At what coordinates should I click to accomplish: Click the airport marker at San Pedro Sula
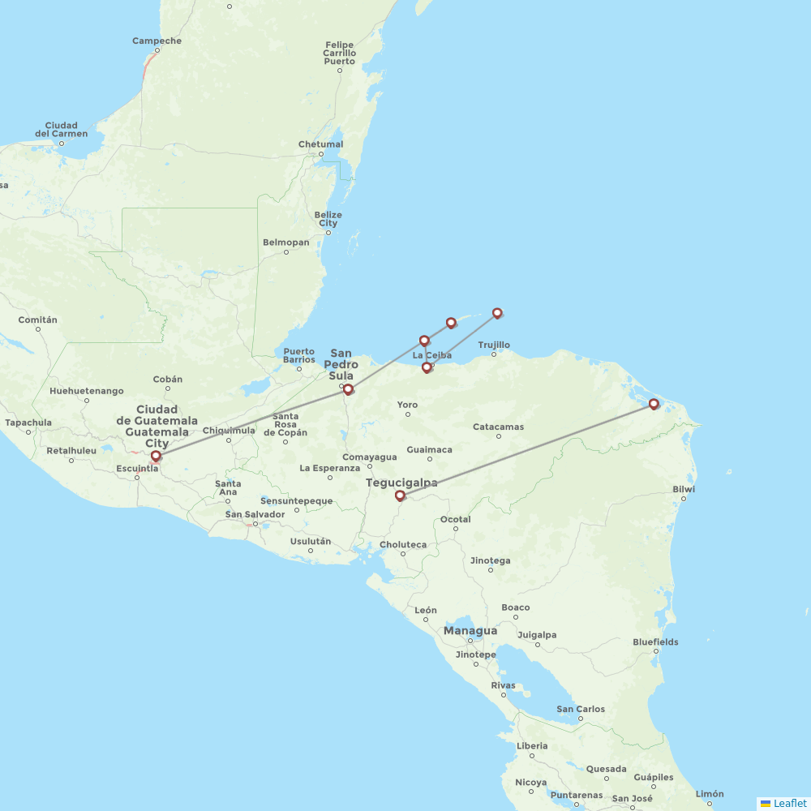point(348,390)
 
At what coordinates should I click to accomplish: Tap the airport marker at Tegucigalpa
point(400,496)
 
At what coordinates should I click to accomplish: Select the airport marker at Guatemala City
point(156,457)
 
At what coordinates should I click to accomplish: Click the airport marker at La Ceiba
point(427,368)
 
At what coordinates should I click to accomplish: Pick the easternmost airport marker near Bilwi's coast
point(654,404)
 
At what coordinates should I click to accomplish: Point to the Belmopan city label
point(285,242)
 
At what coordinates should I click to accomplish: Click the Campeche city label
point(157,41)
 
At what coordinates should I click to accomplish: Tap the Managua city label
point(470,630)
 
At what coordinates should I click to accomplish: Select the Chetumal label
point(320,144)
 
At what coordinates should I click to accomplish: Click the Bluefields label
point(655,642)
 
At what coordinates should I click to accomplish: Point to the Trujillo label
point(494,345)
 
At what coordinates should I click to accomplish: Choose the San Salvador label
point(255,514)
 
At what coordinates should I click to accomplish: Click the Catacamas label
point(499,427)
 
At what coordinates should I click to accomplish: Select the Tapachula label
point(28,423)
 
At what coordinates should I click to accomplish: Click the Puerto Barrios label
point(298,355)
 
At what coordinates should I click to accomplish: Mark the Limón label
point(710,794)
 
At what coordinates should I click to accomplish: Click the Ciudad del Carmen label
point(62,130)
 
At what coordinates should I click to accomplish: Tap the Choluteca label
point(404,545)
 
